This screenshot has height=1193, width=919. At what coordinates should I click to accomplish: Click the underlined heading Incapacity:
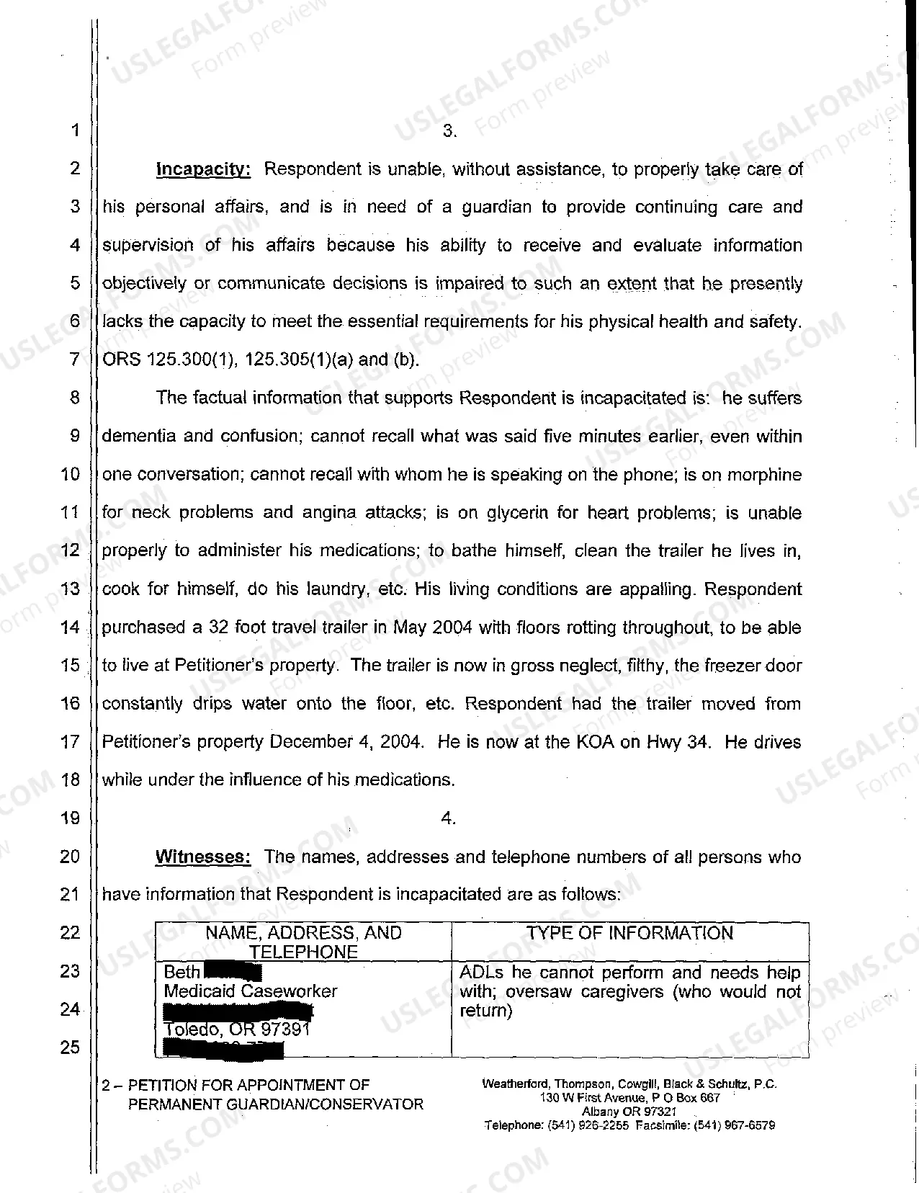coord(203,170)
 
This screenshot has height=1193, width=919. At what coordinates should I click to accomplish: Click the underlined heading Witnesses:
coord(203,857)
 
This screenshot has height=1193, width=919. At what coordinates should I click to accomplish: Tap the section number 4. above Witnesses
coord(448,818)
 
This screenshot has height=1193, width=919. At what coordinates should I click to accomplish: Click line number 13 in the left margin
coord(70,589)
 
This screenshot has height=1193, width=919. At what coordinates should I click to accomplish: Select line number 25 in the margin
coord(70,1047)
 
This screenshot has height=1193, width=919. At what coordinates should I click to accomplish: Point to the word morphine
coord(764,475)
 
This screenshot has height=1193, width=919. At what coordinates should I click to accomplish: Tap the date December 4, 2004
coord(345,742)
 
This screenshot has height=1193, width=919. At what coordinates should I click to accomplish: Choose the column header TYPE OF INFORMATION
coord(629,933)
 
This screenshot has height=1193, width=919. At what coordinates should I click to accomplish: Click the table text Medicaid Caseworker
coord(250,991)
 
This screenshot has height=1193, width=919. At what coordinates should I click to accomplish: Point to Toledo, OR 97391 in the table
coord(237,1029)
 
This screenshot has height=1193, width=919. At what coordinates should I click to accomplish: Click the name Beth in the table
coord(181,973)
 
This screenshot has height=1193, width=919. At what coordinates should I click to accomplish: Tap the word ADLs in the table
coord(481,973)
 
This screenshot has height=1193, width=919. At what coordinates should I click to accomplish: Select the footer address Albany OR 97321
coord(629,1112)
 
